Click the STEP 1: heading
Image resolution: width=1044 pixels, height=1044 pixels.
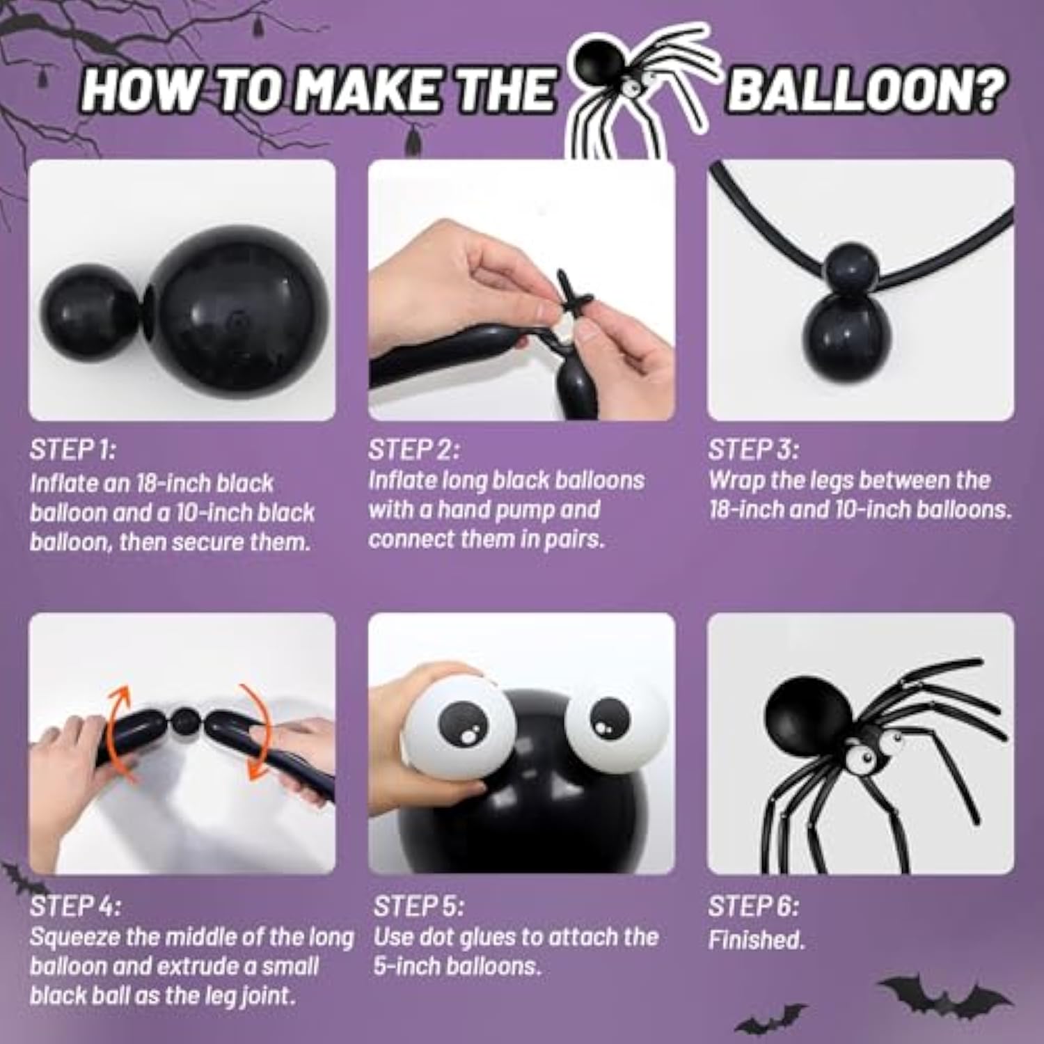coord(72,450)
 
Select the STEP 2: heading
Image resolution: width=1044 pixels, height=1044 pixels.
coord(413,450)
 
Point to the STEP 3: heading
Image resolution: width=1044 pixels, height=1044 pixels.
coord(753,450)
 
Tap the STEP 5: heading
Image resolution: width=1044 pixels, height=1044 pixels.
coord(418,906)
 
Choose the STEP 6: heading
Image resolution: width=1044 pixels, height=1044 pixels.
coord(753,906)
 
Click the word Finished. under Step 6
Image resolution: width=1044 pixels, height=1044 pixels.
coord(757,940)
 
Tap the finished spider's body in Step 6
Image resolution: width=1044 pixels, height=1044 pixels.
coord(807,713)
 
